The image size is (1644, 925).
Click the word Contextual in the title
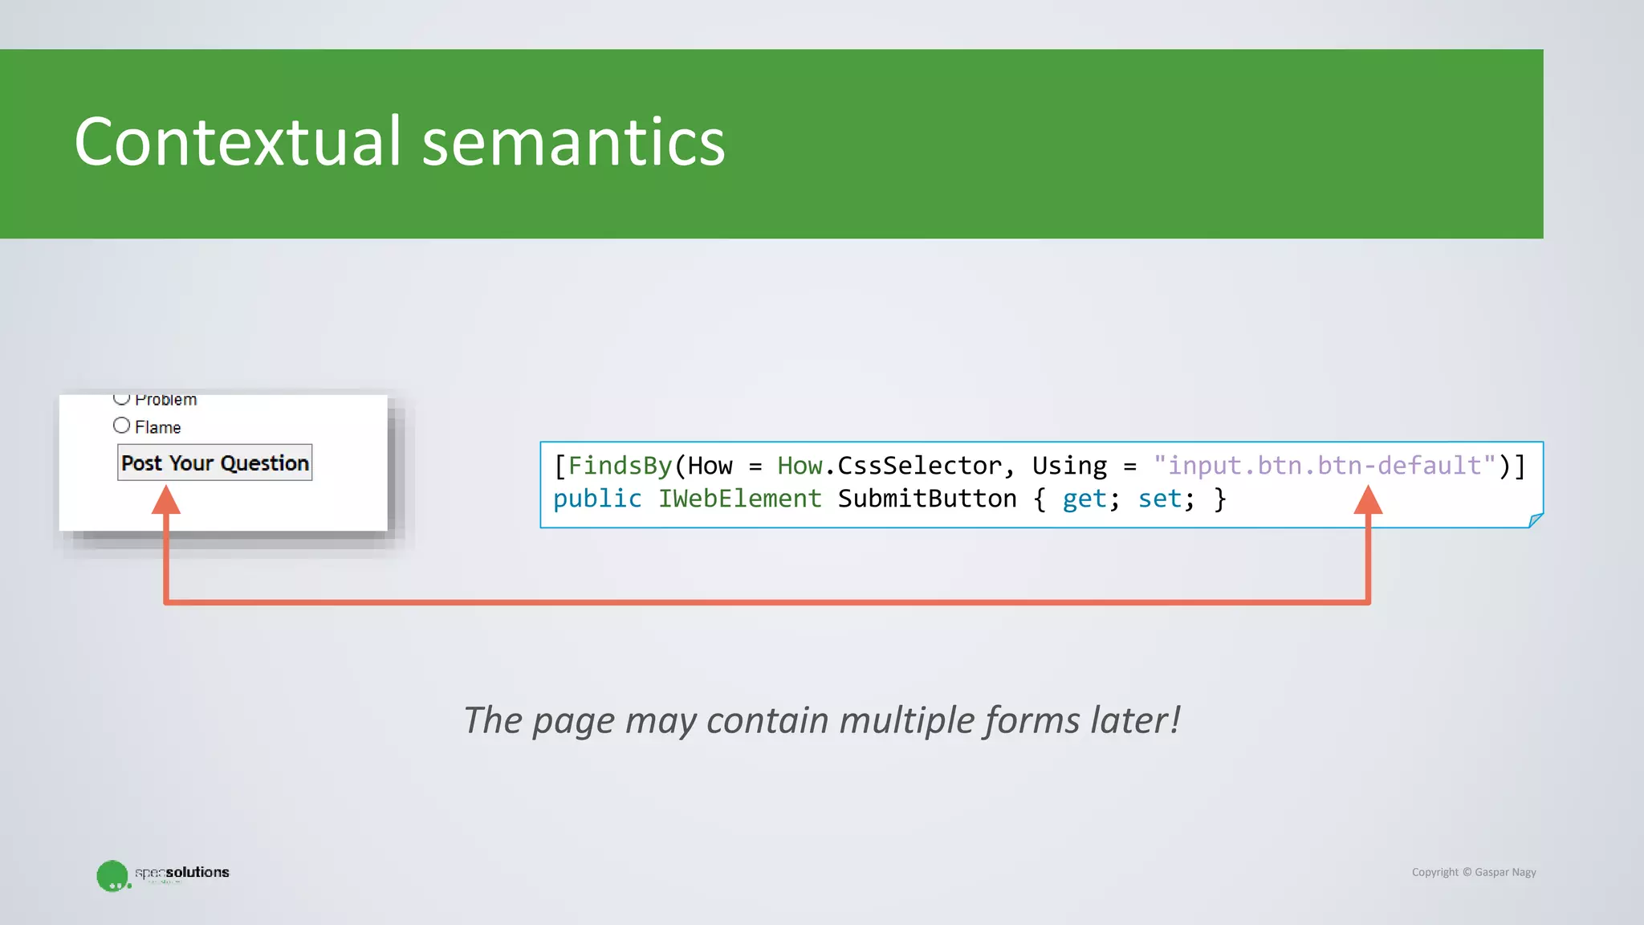pos(237,142)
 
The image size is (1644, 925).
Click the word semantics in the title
pos(573,142)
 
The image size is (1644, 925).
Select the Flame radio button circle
pos(121,426)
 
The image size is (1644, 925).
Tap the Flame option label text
pos(158,427)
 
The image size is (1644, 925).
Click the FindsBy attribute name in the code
pos(620,466)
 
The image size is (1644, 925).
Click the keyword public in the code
pos(597,499)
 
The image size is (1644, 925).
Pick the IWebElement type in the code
pos(739,499)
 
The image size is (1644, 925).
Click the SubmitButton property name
pos(927,499)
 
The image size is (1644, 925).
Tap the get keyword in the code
pos(1084,499)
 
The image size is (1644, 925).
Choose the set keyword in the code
pos(1160,499)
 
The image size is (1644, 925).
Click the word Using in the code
pos(1069,466)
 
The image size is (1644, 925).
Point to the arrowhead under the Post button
pos(166,500)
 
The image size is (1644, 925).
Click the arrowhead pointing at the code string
pos(1368,500)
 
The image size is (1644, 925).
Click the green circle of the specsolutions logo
pos(112,875)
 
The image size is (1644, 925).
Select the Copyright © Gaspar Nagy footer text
pos(1474,872)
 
